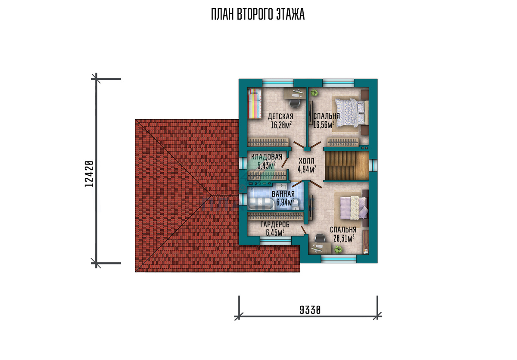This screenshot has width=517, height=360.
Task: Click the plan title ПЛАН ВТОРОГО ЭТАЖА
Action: pos(258,14)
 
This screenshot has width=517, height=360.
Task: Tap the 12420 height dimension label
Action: pos(89,174)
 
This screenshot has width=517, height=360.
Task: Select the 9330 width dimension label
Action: pos(310,310)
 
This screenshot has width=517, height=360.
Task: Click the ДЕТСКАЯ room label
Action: pos(280,117)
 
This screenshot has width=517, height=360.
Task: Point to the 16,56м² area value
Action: pos(324,125)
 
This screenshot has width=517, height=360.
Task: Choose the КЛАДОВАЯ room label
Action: pos(267,157)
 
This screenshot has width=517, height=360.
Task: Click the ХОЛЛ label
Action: pos(306,161)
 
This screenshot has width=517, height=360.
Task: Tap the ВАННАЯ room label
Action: pos(283,194)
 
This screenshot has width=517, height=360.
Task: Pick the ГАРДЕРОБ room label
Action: pos(275,224)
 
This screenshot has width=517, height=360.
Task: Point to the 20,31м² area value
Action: pos(344,238)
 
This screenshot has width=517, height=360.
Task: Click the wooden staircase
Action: pos(347,166)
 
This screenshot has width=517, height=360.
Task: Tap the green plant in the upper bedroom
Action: pos(314,93)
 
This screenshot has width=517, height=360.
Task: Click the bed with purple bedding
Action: pos(354,208)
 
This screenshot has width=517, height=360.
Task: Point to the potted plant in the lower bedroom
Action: pos(338,249)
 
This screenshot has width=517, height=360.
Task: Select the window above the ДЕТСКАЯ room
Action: pos(278,83)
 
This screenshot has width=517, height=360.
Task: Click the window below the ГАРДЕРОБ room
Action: pos(276,242)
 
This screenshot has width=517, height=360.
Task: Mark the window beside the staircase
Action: pos(373,166)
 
